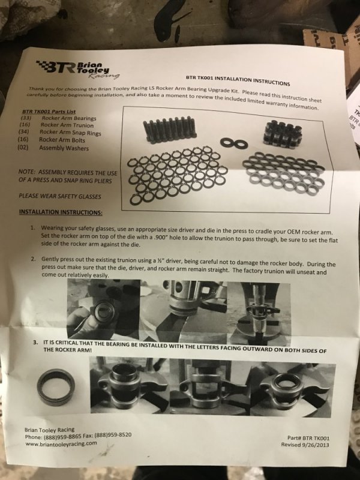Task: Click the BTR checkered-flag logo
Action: click(78, 68)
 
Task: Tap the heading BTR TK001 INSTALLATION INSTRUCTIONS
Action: click(238, 80)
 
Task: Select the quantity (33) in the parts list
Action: click(26, 118)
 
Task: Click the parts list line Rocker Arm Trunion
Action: click(67, 125)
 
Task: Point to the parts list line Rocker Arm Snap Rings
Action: click(70, 133)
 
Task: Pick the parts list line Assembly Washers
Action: click(64, 148)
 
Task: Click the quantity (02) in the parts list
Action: click(23, 147)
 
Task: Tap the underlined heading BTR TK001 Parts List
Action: click(49, 112)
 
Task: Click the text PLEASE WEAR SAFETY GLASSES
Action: click(59, 196)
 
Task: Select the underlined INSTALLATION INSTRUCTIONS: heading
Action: click(61, 212)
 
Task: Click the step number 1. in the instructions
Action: click(33, 228)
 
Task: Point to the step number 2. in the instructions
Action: click(34, 259)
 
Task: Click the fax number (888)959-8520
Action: click(113, 435)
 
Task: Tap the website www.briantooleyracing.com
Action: click(61, 443)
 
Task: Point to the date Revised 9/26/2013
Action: click(305, 445)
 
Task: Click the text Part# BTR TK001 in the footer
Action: click(308, 438)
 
